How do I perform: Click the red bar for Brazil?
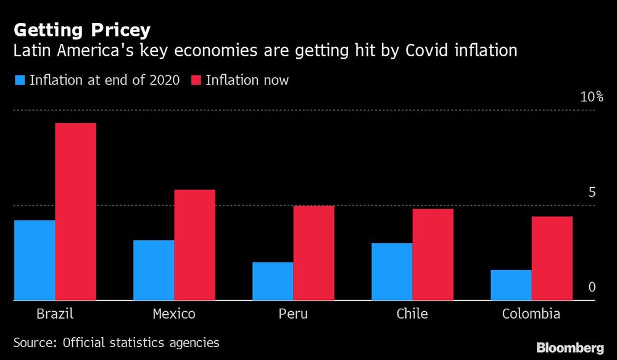(x=75, y=211)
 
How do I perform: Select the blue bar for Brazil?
(x=35, y=260)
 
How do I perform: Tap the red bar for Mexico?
(x=194, y=245)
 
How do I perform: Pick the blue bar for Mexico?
(x=154, y=270)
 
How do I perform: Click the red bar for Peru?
(x=313, y=253)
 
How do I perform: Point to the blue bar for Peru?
(x=273, y=281)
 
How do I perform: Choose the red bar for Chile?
(x=433, y=254)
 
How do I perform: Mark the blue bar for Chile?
(x=392, y=272)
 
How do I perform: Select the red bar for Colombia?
(x=552, y=258)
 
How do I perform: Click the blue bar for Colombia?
(x=511, y=285)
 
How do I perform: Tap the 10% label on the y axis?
(x=590, y=97)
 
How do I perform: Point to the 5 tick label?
(x=592, y=192)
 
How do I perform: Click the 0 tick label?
(x=592, y=287)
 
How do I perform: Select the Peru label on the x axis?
(x=293, y=314)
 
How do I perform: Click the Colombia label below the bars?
(x=531, y=314)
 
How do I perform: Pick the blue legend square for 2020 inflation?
(x=19, y=80)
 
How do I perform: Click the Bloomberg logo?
(x=570, y=348)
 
